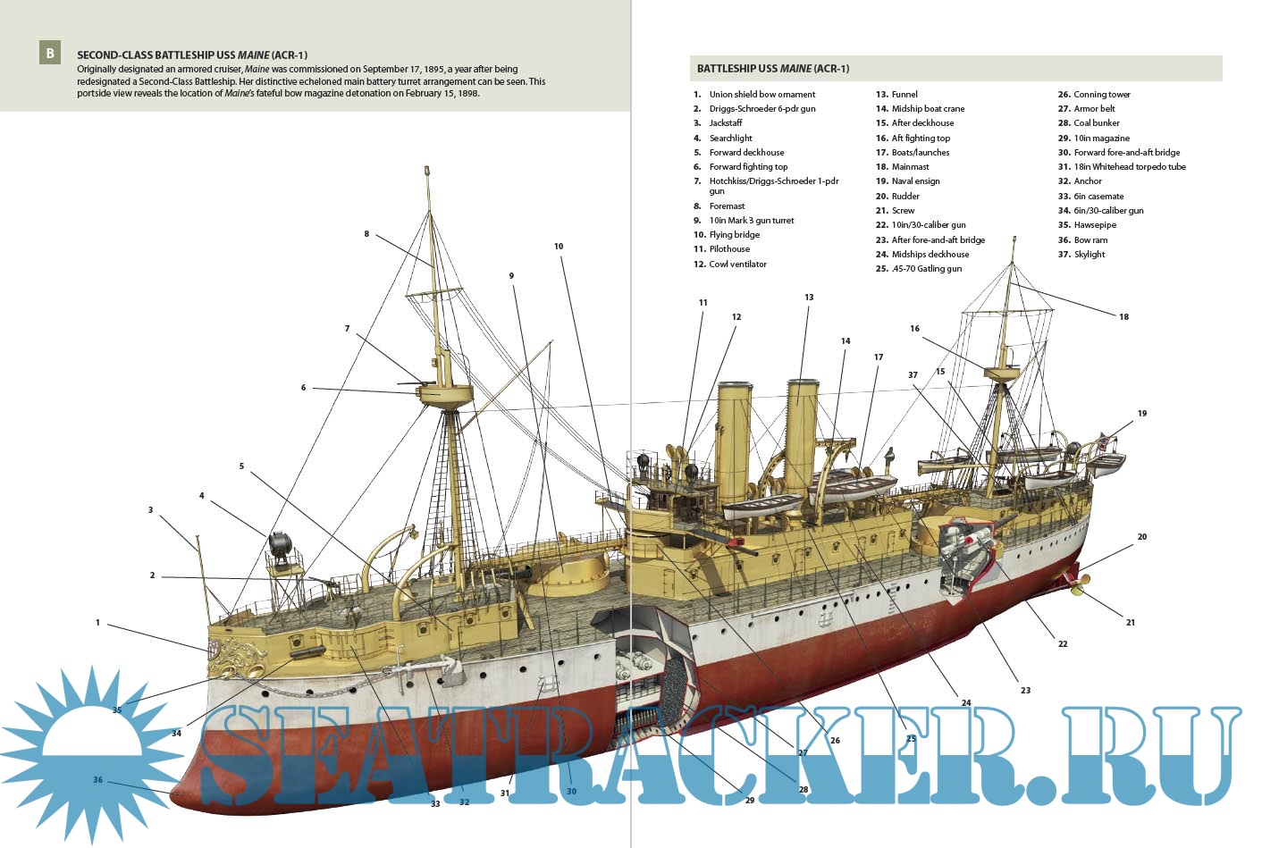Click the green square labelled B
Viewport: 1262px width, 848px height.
click(x=50, y=54)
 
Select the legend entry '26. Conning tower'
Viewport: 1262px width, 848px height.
click(x=1094, y=94)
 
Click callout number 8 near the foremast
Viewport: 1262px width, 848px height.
click(x=366, y=234)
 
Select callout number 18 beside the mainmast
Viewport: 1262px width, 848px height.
click(x=1123, y=316)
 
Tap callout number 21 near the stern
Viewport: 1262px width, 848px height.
click(x=1131, y=622)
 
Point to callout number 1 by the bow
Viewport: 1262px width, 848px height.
click(x=98, y=622)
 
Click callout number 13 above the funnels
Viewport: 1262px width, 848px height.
click(x=809, y=298)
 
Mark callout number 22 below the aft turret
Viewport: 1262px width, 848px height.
click(x=1063, y=643)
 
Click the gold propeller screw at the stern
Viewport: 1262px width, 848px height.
click(x=1079, y=586)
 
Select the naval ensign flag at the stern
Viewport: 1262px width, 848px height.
click(x=1105, y=441)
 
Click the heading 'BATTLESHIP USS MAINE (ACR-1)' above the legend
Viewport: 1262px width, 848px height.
click(x=773, y=69)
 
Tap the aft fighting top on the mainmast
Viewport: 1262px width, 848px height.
click(x=1001, y=371)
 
